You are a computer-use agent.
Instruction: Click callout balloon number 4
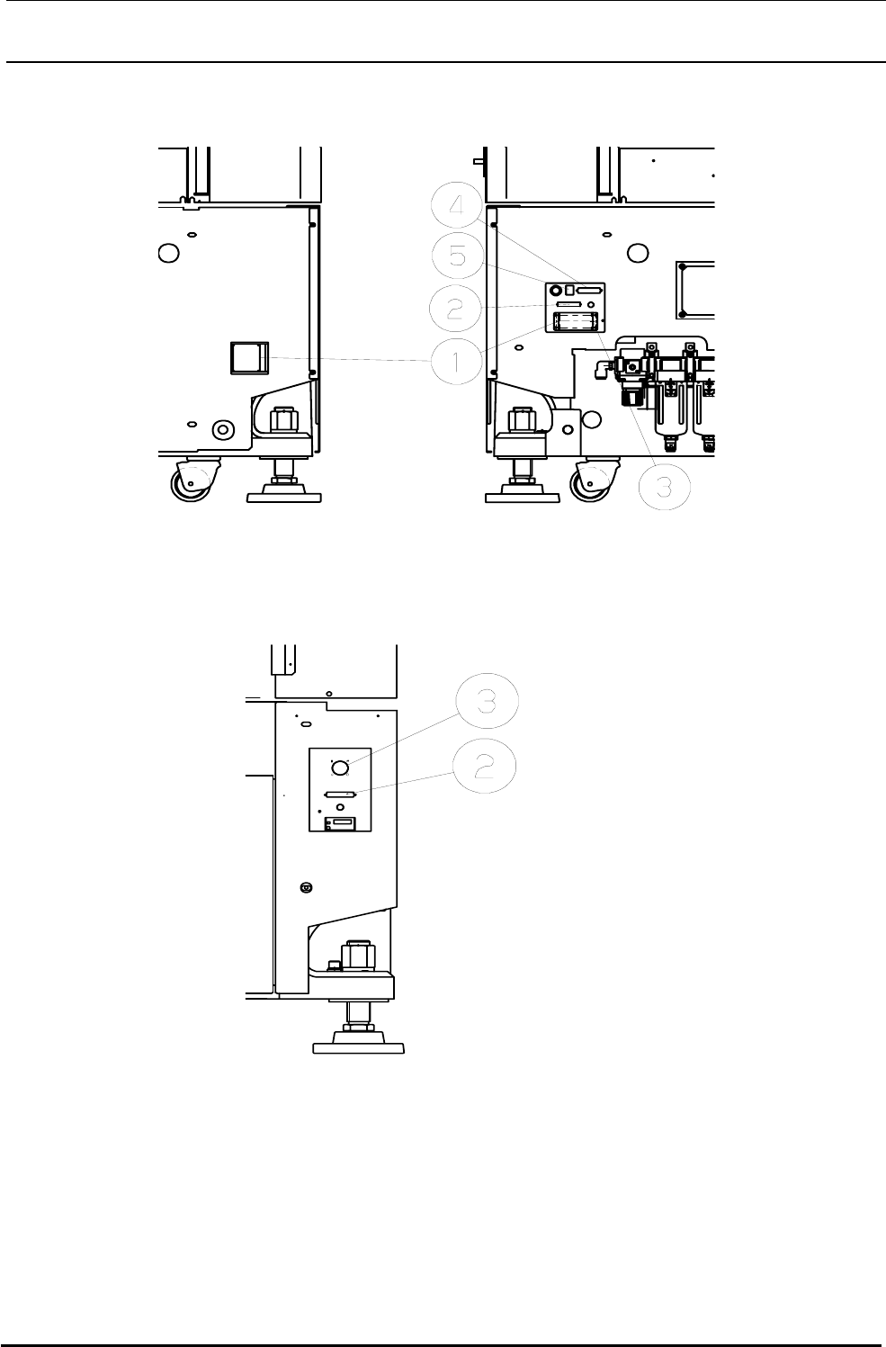[458, 206]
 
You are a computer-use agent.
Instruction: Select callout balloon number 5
[458, 257]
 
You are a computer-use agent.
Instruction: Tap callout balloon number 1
[458, 362]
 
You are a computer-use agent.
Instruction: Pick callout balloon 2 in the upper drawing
[458, 309]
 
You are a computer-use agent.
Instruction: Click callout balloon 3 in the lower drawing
[487, 702]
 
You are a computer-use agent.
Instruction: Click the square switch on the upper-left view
[249, 357]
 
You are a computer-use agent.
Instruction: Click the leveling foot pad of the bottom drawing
[358, 1046]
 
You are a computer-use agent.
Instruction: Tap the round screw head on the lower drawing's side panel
[306, 887]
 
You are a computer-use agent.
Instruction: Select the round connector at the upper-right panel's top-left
[556, 291]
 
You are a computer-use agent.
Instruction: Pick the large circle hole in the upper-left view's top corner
[167, 253]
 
